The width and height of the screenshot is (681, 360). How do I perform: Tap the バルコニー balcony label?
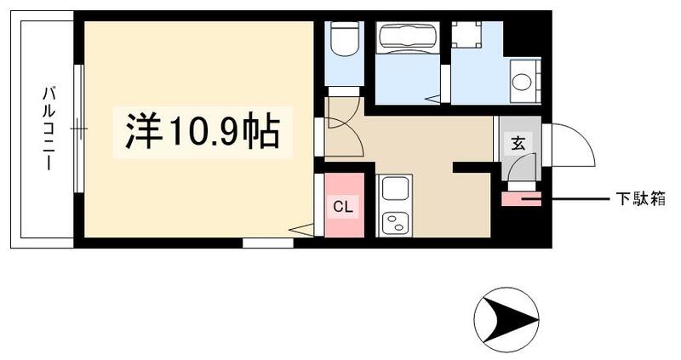[49, 128]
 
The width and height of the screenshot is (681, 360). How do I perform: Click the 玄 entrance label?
[518, 143]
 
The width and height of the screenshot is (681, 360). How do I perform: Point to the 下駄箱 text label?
[640, 200]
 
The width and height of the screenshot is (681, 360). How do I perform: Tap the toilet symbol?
[346, 43]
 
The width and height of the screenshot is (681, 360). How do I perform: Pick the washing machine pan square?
[466, 35]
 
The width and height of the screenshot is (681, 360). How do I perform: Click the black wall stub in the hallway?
[471, 168]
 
